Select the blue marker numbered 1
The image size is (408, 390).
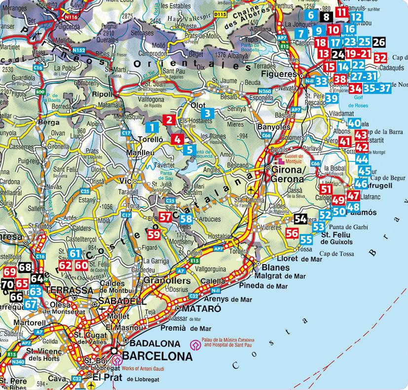[x=153, y=127]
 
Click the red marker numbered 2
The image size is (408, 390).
[x=170, y=119]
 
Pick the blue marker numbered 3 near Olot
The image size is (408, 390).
[x=208, y=113]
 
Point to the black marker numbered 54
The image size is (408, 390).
[x=300, y=218]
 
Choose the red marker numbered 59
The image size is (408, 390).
[x=154, y=234]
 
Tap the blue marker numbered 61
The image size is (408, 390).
[x=74, y=254]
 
